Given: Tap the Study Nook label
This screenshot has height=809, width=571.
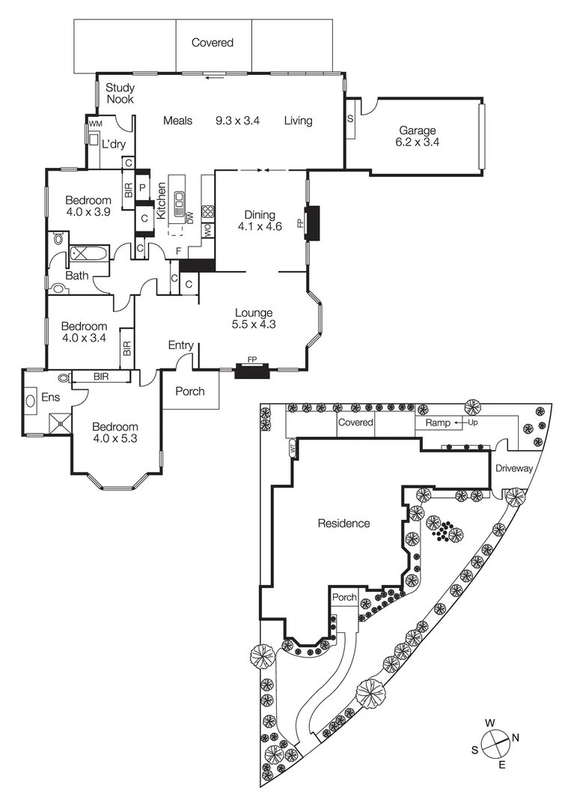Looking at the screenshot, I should click(x=119, y=93).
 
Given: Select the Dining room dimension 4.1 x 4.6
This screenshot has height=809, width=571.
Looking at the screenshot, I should click(x=260, y=225).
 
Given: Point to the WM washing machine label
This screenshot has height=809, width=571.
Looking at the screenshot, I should click(x=95, y=124).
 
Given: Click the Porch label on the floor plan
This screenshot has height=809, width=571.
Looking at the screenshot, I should click(x=189, y=391).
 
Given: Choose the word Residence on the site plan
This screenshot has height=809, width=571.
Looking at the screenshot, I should click(x=343, y=524).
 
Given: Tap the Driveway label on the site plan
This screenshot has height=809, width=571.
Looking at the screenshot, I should click(x=513, y=468).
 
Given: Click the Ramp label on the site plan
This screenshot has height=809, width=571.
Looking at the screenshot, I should click(x=437, y=423).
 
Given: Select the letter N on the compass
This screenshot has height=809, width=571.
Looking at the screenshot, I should click(x=516, y=737).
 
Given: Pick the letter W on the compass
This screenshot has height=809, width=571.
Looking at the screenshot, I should click(x=489, y=722).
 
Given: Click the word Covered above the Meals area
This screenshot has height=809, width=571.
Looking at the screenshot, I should click(x=213, y=43).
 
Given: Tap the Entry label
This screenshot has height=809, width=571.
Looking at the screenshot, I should click(x=181, y=345).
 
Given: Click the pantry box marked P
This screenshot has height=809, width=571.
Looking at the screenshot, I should click(x=142, y=187).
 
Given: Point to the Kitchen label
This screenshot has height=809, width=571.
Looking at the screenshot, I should click(x=160, y=200).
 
